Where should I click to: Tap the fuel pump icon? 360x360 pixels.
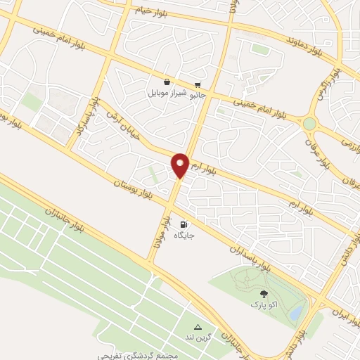pos(184,224)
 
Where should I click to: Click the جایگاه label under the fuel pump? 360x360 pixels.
pos(184,236)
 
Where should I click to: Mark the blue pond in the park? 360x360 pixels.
pos(297,310)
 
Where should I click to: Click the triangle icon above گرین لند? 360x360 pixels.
pos(198,327)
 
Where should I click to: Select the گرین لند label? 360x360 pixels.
pos(199,338)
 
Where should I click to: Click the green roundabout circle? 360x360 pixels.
pos(309,124)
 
